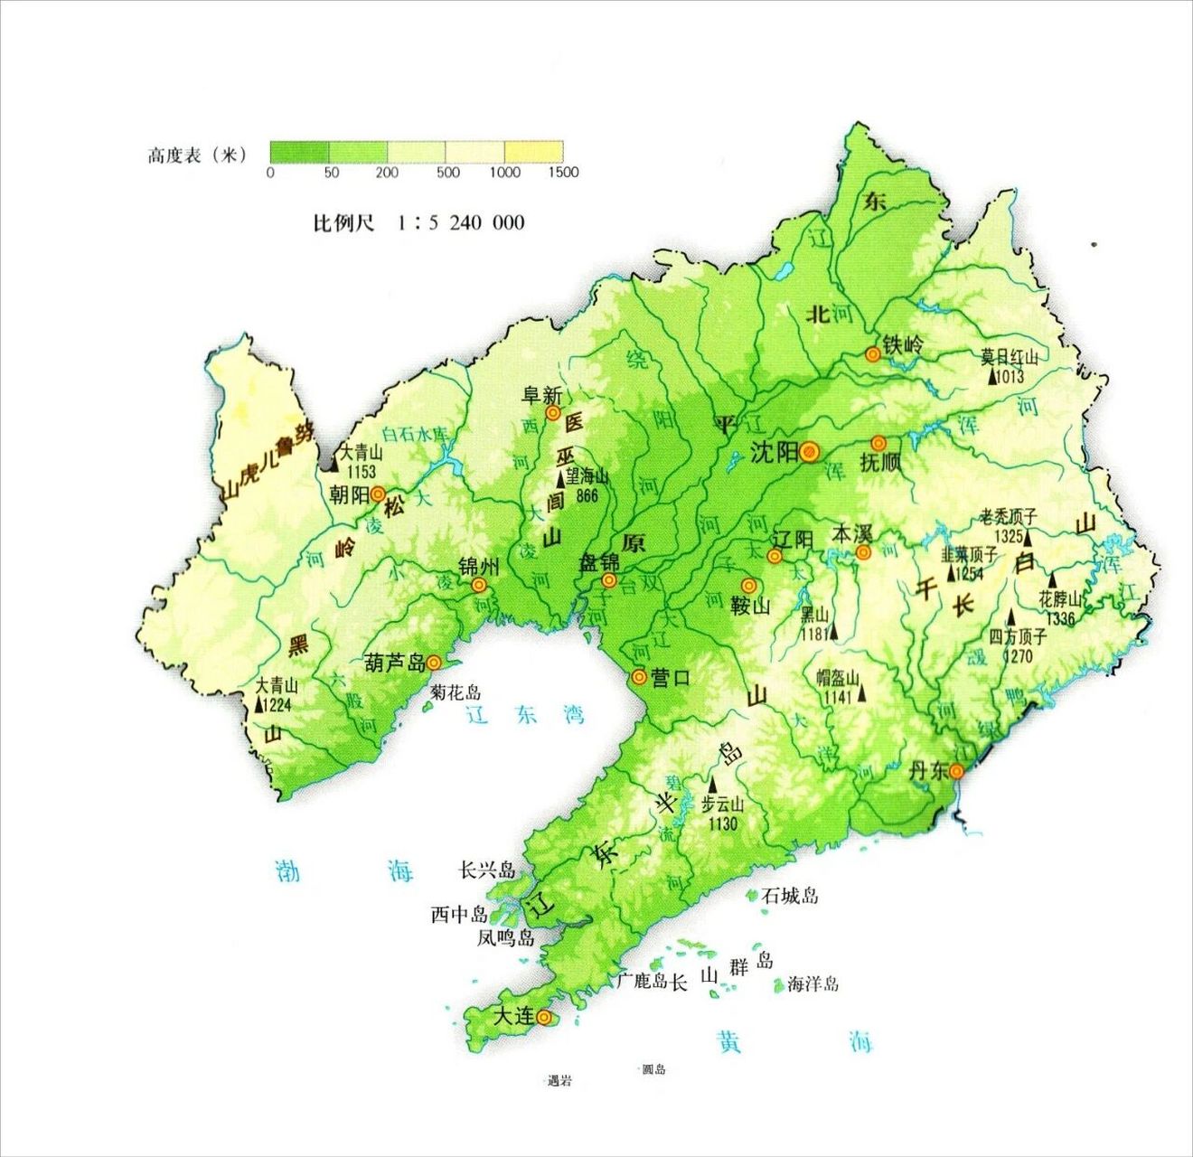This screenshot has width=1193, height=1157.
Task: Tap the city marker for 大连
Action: tap(544, 1017)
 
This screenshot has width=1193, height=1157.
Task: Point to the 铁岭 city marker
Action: tap(872, 354)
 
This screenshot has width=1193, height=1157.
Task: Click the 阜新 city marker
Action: tap(552, 413)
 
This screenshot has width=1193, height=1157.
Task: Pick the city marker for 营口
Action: tap(639, 676)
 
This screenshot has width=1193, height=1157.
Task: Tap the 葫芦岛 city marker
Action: tap(434, 663)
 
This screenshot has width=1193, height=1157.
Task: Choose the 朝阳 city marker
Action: tap(379, 494)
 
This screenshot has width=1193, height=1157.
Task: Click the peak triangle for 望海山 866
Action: tap(560, 480)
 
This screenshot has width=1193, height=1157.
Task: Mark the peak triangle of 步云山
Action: tap(712, 786)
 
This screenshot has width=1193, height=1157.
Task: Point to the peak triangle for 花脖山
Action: tap(1052, 580)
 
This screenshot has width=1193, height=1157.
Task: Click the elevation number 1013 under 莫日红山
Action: tap(1010, 376)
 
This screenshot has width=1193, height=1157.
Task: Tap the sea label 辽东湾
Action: tap(525, 715)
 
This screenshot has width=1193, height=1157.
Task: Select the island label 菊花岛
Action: tap(455, 692)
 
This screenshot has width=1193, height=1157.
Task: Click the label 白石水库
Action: tap(415, 434)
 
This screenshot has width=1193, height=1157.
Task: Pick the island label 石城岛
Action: tap(789, 895)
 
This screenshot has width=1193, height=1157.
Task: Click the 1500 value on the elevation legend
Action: tap(563, 172)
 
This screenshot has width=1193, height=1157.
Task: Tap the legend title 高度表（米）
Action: tap(196, 155)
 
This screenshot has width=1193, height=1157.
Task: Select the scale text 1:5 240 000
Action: tap(460, 222)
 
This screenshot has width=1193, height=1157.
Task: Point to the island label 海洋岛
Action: tap(813, 983)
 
